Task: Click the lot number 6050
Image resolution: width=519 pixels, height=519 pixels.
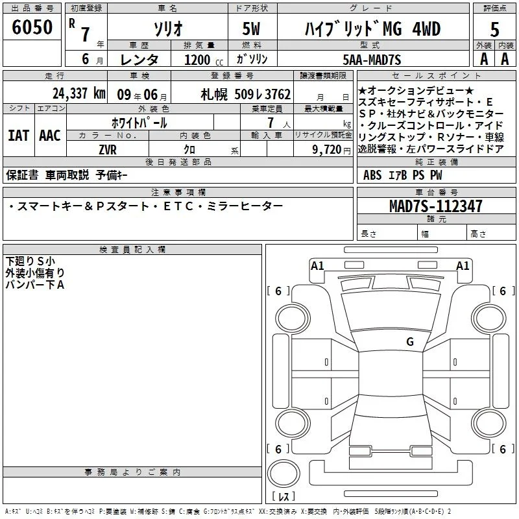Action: (32, 27)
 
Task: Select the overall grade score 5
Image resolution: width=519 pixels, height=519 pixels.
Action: (494, 29)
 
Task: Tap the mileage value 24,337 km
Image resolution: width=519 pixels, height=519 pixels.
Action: (79, 93)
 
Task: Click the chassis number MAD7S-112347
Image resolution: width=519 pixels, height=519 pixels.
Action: (435, 206)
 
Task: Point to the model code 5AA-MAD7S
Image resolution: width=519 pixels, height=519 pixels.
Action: (372, 60)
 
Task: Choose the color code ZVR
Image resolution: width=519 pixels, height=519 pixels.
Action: (108, 150)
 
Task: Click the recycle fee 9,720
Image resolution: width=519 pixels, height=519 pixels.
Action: (327, 150)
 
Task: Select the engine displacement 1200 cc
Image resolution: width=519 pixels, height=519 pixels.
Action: (204, 60)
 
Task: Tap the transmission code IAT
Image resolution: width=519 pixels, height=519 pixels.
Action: (18, 136)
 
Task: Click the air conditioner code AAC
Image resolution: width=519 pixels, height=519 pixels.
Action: (50, 136)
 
